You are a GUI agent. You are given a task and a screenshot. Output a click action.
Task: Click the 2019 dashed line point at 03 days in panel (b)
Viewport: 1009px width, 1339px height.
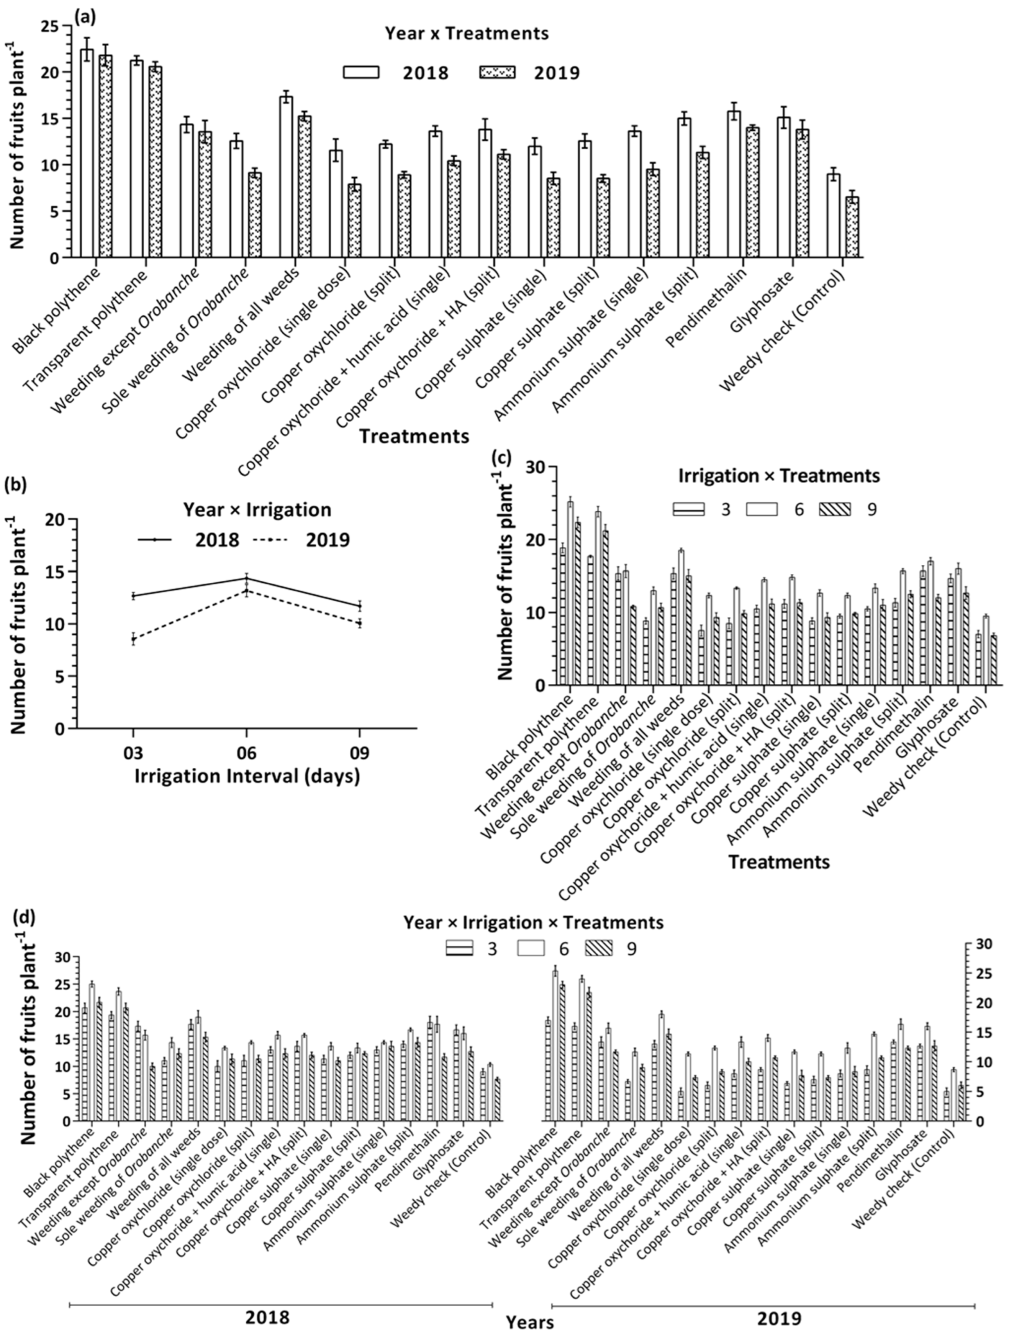(x=133, y=639)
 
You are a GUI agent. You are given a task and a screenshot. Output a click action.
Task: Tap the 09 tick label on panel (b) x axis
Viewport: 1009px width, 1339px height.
(x=360, y=754)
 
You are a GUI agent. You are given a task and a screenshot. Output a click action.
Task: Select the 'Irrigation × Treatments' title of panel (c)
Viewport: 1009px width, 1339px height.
(x=778, y=476)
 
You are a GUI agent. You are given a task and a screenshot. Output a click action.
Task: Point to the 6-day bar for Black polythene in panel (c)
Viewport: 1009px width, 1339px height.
(x=570, y=593)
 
